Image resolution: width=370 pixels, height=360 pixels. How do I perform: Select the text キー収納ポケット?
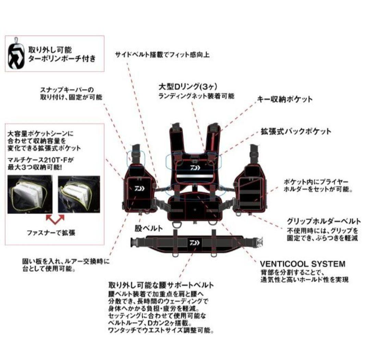285,99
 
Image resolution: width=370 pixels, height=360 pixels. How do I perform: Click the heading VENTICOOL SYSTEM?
302,264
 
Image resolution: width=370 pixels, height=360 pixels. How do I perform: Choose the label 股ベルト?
149,229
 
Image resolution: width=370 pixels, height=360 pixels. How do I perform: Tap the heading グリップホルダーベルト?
323,221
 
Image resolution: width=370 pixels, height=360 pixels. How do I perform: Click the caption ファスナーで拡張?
51,233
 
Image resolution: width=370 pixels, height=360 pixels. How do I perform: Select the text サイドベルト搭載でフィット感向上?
162,54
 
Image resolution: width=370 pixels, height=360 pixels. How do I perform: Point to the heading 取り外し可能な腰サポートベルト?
161,285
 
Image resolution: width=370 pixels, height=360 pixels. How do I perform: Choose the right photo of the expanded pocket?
79,194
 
